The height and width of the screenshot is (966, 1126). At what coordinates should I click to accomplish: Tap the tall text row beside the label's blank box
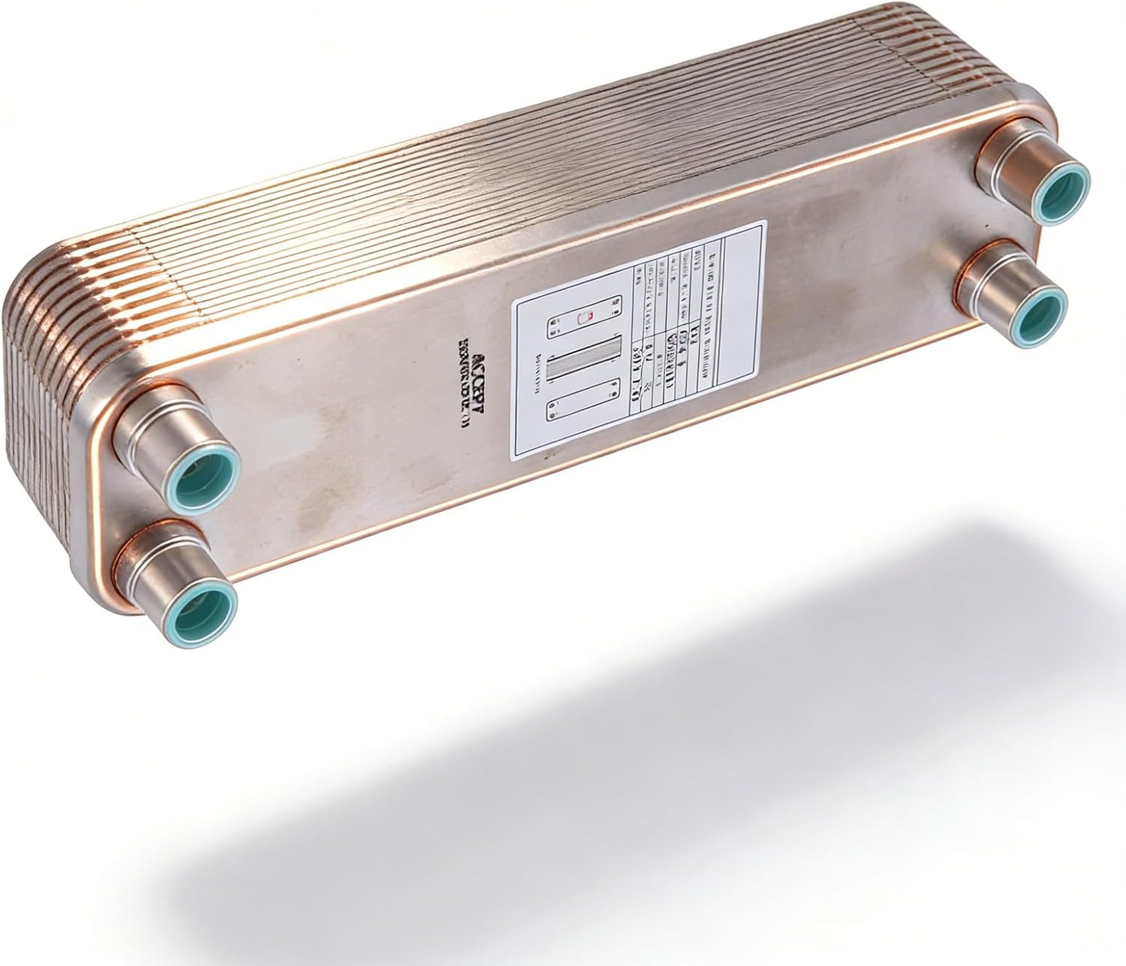tap(706, 315)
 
